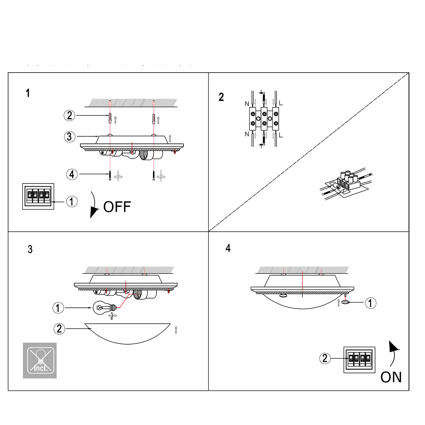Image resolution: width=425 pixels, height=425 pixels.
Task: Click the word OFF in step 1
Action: pos(117,207)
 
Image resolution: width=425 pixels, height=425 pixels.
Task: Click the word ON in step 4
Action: pos(391,377)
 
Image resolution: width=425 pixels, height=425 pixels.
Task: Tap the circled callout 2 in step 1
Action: pos(69,115)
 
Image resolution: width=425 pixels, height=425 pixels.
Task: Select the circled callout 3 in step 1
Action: pos(69,136)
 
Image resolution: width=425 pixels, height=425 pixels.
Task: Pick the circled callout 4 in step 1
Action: pos(72,174)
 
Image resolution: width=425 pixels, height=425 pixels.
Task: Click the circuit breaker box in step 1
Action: pos(38,196)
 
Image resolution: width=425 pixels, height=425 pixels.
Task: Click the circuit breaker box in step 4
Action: pos(359,359)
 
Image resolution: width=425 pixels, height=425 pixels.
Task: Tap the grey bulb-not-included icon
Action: pos(40,360)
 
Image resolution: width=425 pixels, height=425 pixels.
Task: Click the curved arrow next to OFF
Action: pos(94,205)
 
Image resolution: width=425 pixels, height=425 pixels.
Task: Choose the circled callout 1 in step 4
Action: pos(370,303)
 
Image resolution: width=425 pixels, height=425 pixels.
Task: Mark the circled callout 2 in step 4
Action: pos(325,358)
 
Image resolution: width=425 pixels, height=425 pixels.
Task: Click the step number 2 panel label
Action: pos(221,97)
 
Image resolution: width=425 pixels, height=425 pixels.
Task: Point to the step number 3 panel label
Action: pos(30,249)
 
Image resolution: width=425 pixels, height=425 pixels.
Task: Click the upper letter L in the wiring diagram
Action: pos(281,103)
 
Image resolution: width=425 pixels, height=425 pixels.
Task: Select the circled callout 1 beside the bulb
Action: pos(58,308)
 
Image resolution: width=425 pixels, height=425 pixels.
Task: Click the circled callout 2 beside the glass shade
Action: pos(59,329)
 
